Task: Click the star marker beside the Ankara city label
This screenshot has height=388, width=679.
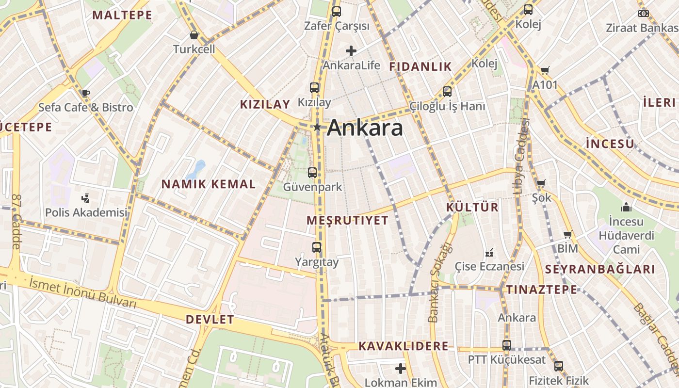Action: (x=317, y=128)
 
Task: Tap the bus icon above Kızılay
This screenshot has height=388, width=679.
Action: (x=314, y=88)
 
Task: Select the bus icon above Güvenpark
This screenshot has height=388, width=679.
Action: (x=312, y=172)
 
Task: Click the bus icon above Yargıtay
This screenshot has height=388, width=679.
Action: (x=317, y=247)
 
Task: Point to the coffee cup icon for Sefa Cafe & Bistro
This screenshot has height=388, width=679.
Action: (x=85, y=93)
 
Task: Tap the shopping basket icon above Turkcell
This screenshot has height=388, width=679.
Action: (x=194, y=35)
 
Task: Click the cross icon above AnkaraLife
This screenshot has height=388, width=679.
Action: (x=351, y=50)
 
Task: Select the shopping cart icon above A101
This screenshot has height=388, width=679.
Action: (x=545, y=71)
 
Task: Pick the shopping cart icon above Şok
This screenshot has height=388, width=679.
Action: (x=541, y=183)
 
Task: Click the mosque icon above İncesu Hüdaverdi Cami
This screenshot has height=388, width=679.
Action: (x=626, y=207)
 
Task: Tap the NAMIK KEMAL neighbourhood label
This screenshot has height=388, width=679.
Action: (x=209, y=184)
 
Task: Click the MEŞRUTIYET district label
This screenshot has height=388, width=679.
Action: (x=347, y=221)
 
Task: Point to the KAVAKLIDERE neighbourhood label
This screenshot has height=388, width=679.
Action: (x=404, y=346)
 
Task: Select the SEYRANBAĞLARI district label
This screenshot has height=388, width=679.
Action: (x=600, y=269)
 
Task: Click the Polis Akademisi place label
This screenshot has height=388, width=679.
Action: (x=86, y=212)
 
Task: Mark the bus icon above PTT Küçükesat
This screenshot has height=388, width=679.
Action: (x=507, y=345)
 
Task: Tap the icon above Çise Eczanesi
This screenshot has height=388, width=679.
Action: (x=489, y=253)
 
